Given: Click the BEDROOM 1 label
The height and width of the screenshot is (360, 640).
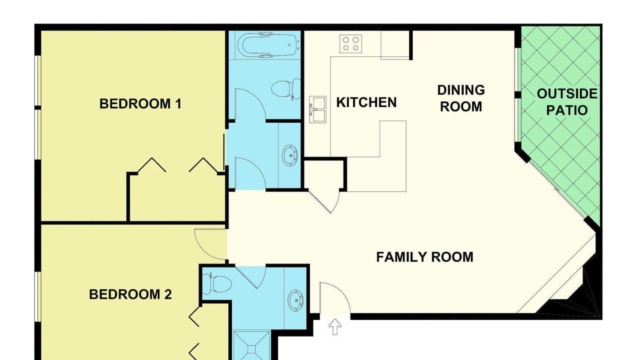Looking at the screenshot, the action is click(x=140, y=103).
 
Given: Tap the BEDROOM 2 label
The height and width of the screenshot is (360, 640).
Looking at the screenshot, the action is click(x=130, y=294).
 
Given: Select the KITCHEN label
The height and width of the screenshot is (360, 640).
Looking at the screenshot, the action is click(x=366, y=102).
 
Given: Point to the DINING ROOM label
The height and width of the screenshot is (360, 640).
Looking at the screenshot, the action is click(x=461, y=98).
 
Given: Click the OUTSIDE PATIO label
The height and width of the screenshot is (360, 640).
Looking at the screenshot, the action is click(x=567, y=102).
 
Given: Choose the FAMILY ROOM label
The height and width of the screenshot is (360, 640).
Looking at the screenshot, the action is click(x=424, y=257).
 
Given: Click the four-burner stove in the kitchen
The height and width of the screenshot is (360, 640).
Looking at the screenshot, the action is click(x=351, y=43).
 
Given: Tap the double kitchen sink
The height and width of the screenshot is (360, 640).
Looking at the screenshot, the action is click(x=317, y=109).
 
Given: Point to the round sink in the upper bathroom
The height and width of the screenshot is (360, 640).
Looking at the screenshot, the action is click(x=290, y=155).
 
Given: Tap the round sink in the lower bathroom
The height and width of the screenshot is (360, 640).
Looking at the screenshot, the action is click(x=295, y=300).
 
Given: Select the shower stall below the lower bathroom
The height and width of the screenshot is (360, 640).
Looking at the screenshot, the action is click(x=251, y=345).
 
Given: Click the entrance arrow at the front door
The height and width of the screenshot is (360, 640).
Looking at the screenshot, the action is click(x=334, y=327).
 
